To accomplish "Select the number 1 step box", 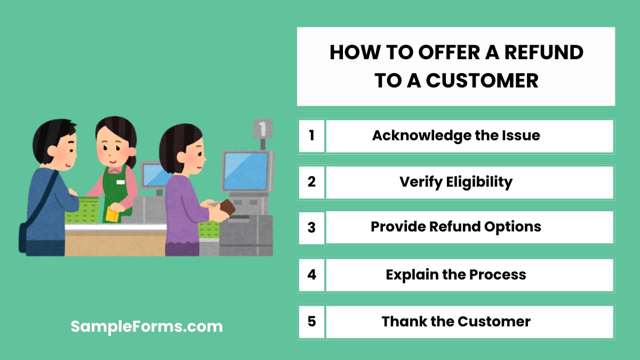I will click(311, 135).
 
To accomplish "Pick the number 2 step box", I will click(311, 182).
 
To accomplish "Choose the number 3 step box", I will click(311, 228).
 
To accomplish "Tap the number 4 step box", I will click(311, 275).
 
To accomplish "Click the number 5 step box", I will click(311, 322).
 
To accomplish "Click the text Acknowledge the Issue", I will click(456, 135).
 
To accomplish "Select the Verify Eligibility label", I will click(456, 182).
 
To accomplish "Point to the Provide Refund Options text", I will click(456, 227).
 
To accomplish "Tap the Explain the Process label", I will click(456, 275).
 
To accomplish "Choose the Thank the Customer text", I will click(456, 322).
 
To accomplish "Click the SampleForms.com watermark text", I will click(147, 326).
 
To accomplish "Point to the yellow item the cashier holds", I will click(112, 214).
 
